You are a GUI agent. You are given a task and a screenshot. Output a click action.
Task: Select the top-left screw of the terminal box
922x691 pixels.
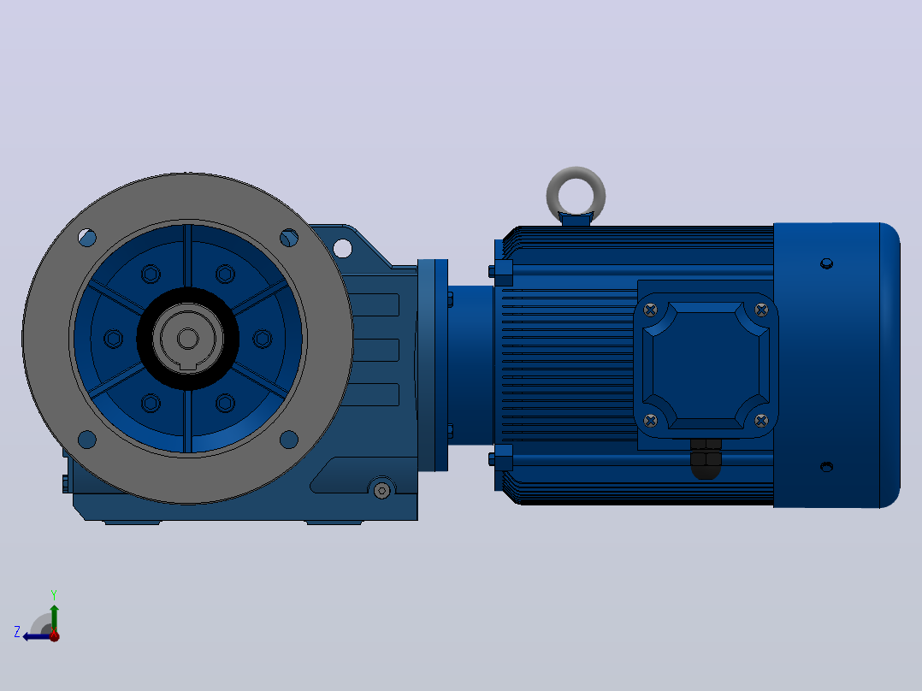(x=650, y=310)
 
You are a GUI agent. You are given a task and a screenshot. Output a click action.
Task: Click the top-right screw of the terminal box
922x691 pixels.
(x=761, y=310)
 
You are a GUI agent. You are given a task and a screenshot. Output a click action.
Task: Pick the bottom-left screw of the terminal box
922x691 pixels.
(x=650, y=421)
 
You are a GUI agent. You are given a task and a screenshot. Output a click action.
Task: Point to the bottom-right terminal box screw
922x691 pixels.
(x=761, y=421)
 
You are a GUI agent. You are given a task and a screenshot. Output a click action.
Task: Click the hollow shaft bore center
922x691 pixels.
(x=187, y=338)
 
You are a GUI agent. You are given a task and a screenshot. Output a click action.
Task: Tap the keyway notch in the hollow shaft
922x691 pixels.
(x=187, y=366)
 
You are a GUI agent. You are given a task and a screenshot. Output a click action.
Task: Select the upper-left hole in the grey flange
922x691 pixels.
(x=87, y=238)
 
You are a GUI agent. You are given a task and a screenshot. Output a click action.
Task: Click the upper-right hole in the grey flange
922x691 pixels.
(x=289, y=238)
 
